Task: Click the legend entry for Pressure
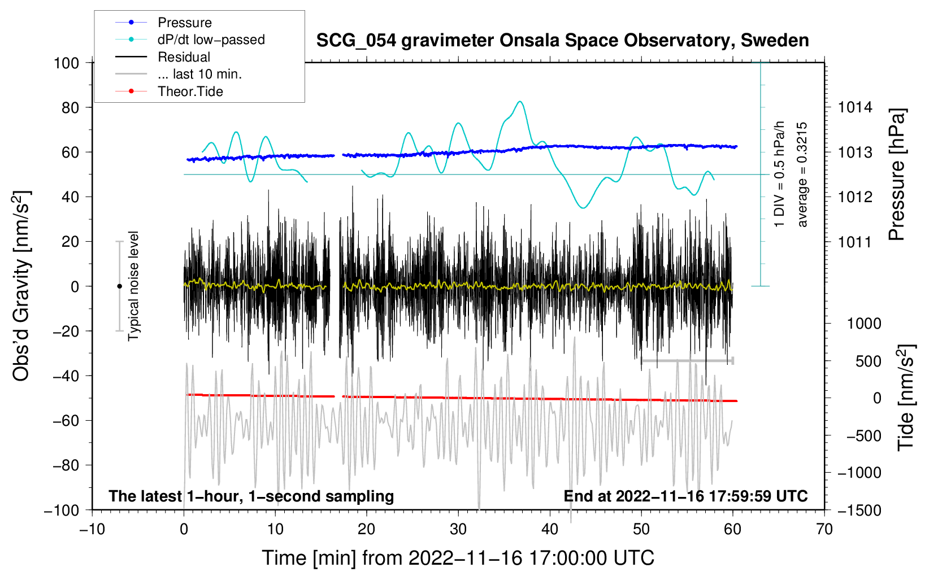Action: (x=163, y=22)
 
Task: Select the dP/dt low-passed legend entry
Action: (x=190, y=40)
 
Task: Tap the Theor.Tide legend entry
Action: (x=169, y=91)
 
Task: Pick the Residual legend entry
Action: (x=163, y=56)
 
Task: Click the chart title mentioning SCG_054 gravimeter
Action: (x=562, y=41)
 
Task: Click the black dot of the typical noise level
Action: (x=119, y=286)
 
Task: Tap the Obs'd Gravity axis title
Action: (x=21, y=286)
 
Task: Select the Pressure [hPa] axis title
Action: (x=896, y=174)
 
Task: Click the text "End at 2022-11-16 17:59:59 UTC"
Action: (x=685, y=496)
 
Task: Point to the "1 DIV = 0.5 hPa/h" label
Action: (x=779, y=174)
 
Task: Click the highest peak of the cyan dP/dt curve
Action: (x=520, y=101)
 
